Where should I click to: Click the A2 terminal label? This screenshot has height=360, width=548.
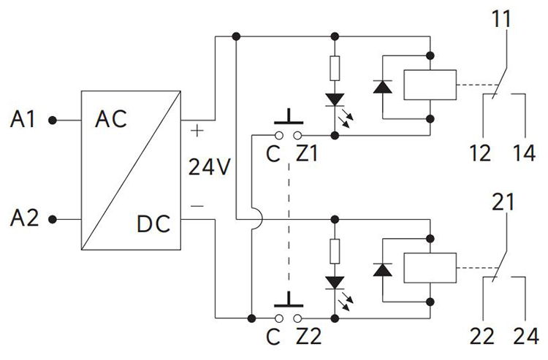pyautogui.click(x=24, y=218)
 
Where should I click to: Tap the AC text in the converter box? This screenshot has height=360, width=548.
pyautogui.click(x=111, y=119)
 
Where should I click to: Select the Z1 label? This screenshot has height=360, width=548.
pyautogui.click(x=307, y=153)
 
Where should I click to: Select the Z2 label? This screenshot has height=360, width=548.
pyautogui.click(x=308, y=337)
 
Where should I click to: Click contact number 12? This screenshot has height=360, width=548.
pyautogui.click(x=482, y=154)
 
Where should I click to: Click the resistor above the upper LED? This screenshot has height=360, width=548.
pyautogui.click(x=335, y=69)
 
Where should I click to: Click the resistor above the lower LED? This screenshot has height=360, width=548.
pyautogui.click(x=335, y=252)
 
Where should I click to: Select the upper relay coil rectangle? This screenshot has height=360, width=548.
pyautogui.click(x=430, y=85)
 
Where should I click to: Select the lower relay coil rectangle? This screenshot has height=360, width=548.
pyautogui.click(x=430, y=268)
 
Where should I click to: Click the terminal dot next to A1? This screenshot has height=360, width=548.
pyautogui.click(x=52, y=120)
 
